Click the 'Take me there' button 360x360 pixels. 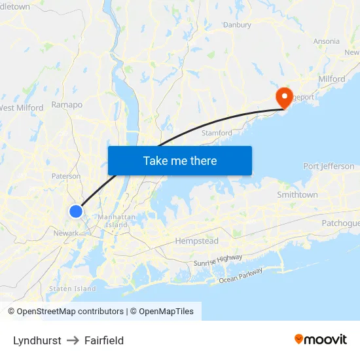(x=180, y=161)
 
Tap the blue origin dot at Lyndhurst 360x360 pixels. (x=76, y=211)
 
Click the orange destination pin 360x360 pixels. (x=284, y=98)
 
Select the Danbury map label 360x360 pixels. (x=237, y=25)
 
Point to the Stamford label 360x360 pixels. (x=217, y=133)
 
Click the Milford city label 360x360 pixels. (x=333, y=79)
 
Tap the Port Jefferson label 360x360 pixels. (x=329, y=166)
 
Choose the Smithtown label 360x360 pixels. (x=297, y=195)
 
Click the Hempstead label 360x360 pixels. (x=196, y=241)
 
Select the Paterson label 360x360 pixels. (x=66, y=176)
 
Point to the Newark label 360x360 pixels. (x=66, y=232)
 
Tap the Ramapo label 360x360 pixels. (x=67, y=105)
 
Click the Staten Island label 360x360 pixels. (x=73, y=289)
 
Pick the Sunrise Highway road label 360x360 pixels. (x=217, y=261)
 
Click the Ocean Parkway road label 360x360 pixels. (x=241, y=276)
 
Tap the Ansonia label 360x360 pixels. (x=326, y=41)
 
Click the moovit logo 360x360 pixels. (x=321, y=339)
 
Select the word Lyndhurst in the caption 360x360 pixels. (x=37, y=340)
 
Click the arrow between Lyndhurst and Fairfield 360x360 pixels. (x=73, y=340)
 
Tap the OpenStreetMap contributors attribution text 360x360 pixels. (x=69, y=312)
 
